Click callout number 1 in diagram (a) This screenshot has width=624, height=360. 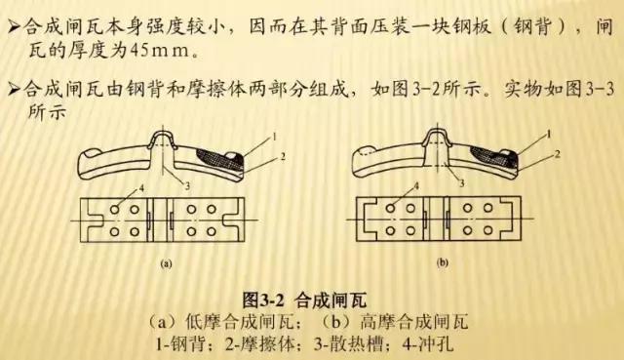(249, 134)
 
